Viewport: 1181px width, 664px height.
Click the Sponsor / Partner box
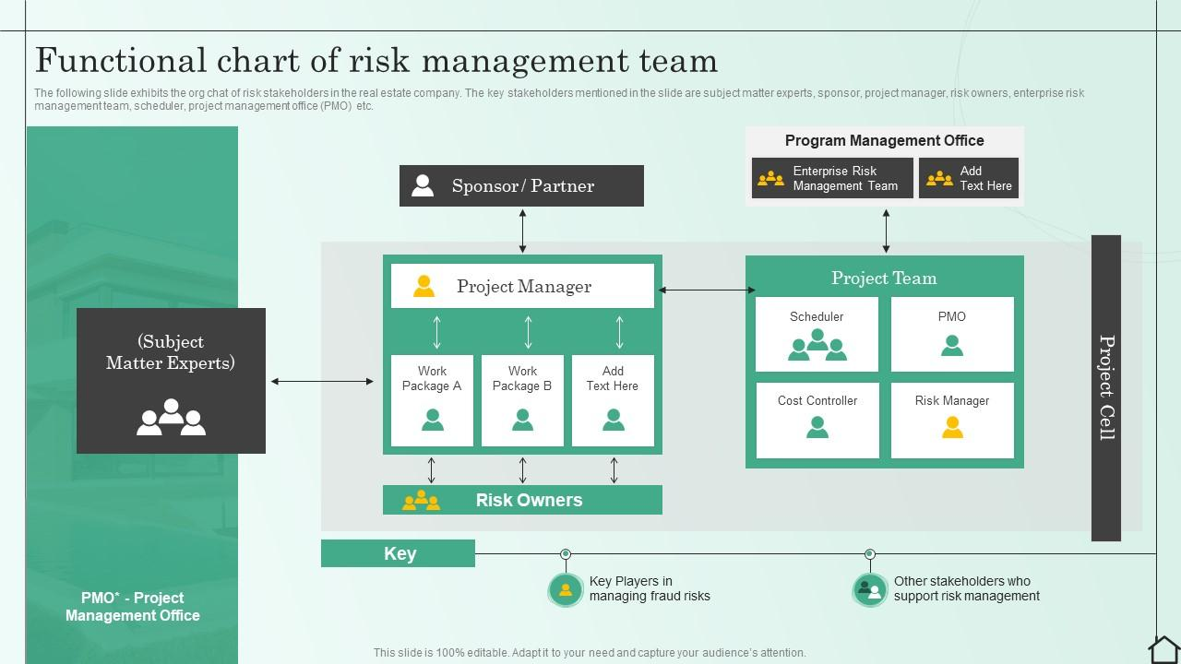[x=521, y=185]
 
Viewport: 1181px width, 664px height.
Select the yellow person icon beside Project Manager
[x=423, y=286]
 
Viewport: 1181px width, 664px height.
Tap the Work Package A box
[x=432, y=400]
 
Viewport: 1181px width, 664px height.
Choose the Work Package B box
[x=522, y=400]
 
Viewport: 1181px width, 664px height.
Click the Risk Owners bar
[x=522, y=500]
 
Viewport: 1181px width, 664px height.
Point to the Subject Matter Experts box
[x=171, y=381]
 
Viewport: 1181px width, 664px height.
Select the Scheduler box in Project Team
[x=817, y=334]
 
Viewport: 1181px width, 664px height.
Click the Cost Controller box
[x=817, y=420]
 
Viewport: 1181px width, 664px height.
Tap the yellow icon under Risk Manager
[x=952, y=427]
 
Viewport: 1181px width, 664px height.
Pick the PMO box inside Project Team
[x=952, y=334]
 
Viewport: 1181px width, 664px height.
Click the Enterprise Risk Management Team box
[x=832, y=178]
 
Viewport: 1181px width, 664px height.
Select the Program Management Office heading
[x=884, y=140]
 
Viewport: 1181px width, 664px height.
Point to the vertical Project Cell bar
[x=1106, y=387]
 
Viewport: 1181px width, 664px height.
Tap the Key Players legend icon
[x=566, y=589]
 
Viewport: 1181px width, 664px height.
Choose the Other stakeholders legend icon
[x=869, y=589]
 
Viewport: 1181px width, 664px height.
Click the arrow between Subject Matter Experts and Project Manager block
[x=322, y=381]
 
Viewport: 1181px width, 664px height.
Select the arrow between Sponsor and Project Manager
[x=522, y=231]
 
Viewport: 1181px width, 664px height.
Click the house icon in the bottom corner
[x=1163, y=649]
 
